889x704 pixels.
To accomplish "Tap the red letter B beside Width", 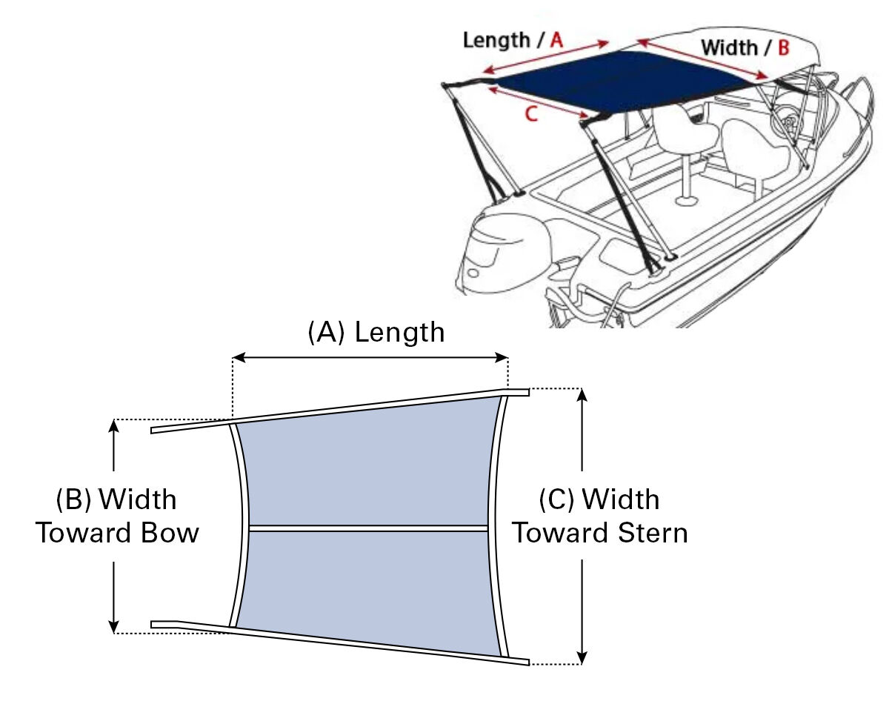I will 783,48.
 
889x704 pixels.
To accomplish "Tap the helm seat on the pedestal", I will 685,133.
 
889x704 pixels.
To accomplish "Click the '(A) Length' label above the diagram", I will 376,333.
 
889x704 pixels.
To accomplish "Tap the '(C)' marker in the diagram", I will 556,499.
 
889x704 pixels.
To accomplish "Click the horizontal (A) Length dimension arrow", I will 370,358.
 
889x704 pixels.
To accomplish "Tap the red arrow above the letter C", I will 539,102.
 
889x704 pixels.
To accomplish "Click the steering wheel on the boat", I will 785,119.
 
